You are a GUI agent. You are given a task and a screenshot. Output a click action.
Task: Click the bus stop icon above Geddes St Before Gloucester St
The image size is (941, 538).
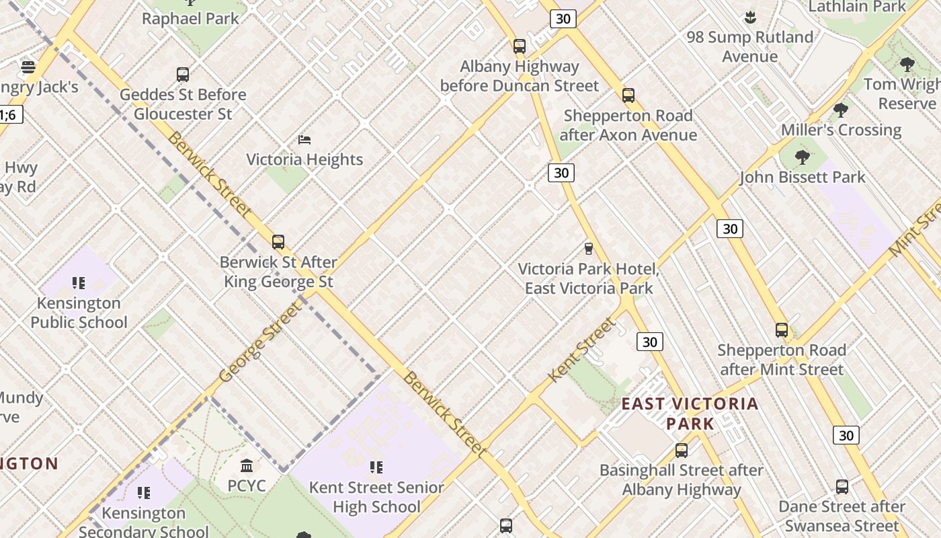point(183,75)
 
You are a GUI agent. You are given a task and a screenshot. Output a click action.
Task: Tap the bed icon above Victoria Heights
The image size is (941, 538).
point(304,140)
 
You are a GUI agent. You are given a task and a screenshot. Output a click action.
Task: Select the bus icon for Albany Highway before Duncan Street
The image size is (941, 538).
point(519,46)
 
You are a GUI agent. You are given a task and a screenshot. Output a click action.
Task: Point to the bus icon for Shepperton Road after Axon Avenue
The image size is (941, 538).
point(628,95)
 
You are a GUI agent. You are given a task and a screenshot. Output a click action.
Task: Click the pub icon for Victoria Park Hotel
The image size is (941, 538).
point(589,249)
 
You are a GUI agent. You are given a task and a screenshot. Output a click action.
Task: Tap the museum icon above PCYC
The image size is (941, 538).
point(247,465)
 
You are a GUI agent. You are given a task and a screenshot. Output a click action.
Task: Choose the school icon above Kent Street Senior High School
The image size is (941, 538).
point(376,467)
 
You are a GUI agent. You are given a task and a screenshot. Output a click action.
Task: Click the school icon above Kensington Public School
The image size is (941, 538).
point(79,283)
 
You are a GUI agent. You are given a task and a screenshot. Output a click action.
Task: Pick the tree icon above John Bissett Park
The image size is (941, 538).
point(802,157)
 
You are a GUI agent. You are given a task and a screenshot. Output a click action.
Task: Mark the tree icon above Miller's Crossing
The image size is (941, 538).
point(840,110)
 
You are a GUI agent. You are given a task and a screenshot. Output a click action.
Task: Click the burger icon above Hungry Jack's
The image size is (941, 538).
point(28,67)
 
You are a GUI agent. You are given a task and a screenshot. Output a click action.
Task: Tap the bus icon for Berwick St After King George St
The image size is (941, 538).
point(278,242)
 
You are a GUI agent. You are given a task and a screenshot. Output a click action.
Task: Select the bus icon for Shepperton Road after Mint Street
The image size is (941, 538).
point(781,330)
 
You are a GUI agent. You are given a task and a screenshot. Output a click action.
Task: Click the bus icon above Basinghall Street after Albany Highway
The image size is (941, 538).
point(682,451)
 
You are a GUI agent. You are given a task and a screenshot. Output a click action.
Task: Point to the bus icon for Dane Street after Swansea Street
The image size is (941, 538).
point(842,487)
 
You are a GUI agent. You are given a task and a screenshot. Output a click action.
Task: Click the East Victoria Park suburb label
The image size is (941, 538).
point(690,414)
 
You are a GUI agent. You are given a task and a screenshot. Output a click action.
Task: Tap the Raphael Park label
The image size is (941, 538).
point(190,19)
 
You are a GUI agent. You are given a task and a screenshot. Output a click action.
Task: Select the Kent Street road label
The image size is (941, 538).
point(582,350)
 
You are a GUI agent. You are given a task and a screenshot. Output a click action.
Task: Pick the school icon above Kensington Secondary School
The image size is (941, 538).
point(143,494)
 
